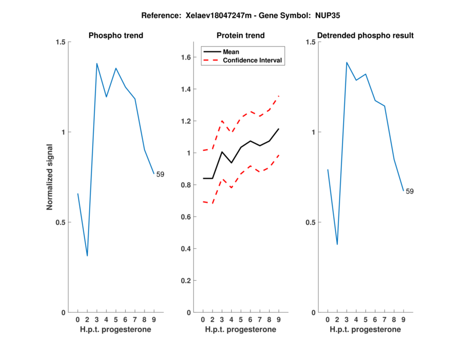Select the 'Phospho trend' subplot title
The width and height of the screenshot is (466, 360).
pos(116,36)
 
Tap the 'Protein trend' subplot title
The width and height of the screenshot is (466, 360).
pos(241,36)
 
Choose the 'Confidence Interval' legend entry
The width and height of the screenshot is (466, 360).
pos(248,60)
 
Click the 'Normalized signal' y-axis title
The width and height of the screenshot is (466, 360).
pos(50,177)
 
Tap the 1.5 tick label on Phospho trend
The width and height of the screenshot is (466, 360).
pos(59,42)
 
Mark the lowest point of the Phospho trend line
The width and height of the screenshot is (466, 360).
pos(87,256)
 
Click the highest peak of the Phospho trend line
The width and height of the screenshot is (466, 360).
pos(97,63)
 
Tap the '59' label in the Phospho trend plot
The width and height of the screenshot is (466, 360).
pos(160,174)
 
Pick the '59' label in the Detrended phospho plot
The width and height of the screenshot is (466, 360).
pos(409,191)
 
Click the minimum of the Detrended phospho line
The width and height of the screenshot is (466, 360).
pos(337,244)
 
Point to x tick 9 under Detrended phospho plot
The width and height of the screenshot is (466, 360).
pos(403,320)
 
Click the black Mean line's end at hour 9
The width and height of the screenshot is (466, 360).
pos(279,129)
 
